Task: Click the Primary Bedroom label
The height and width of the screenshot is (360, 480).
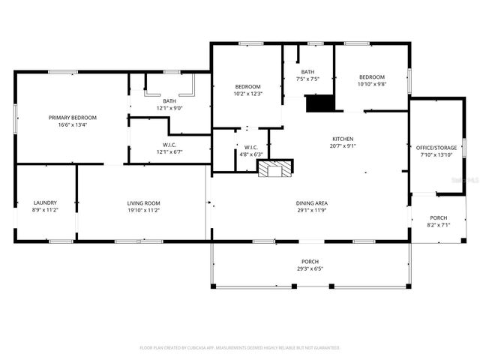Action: pos(73,118)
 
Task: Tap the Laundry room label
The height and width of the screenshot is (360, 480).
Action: pos(45,202)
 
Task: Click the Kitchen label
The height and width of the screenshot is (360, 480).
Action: pos(343,139)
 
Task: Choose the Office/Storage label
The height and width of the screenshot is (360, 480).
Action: pos(436,148)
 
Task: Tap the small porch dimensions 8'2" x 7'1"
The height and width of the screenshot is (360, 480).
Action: pos(439,224)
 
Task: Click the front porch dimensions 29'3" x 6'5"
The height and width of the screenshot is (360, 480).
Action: pos(310,268)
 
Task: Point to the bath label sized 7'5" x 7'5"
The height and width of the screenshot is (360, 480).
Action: pos(308,72)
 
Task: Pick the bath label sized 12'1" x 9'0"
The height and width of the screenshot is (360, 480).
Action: pos(169,101)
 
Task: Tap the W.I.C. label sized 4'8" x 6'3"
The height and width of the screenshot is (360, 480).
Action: pos(250,147)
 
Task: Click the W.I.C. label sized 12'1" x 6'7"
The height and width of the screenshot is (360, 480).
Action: pos(169,145)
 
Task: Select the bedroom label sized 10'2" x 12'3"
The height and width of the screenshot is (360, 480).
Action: pos(247,86)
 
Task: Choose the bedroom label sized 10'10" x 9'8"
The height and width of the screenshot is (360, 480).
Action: pos(371,77)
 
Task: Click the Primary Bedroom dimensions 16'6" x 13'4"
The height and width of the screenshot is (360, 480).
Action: pos(73,125)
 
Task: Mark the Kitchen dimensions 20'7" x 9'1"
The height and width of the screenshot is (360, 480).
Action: pos(343,146)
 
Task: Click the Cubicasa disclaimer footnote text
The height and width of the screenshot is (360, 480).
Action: pos(240,348)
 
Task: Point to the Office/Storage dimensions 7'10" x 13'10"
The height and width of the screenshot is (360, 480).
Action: pos(436,154)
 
